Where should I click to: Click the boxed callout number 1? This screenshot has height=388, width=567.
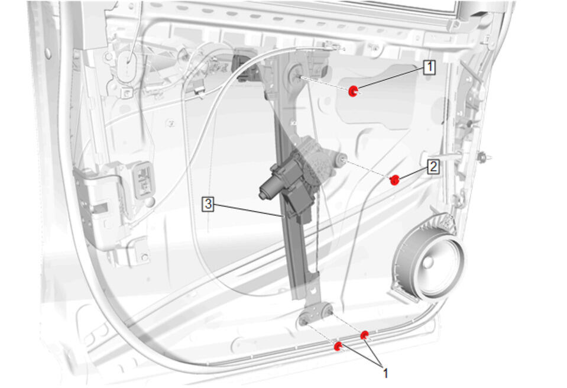(x=429, y=67)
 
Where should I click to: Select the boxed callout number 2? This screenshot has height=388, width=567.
(x=433, y=167)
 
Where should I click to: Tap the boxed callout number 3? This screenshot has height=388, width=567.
(x=208, y=204)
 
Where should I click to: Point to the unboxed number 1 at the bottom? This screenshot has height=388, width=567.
(x=385, y=373)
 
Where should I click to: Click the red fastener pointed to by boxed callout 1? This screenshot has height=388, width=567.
(x=352, y=92)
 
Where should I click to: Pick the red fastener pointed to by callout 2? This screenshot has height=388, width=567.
(x=394, y=180)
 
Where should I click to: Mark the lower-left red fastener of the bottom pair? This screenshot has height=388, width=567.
(x=338, y=346)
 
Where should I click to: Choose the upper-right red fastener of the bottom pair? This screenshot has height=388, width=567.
(x=364, y=335)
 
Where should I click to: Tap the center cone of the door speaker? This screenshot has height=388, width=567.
(x=428, y=262)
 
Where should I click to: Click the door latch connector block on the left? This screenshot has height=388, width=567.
(x=144, y=180)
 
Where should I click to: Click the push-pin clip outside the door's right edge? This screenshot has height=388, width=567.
(x=484, y=157)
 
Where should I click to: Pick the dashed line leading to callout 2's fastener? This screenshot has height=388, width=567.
(x=369, y=169)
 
